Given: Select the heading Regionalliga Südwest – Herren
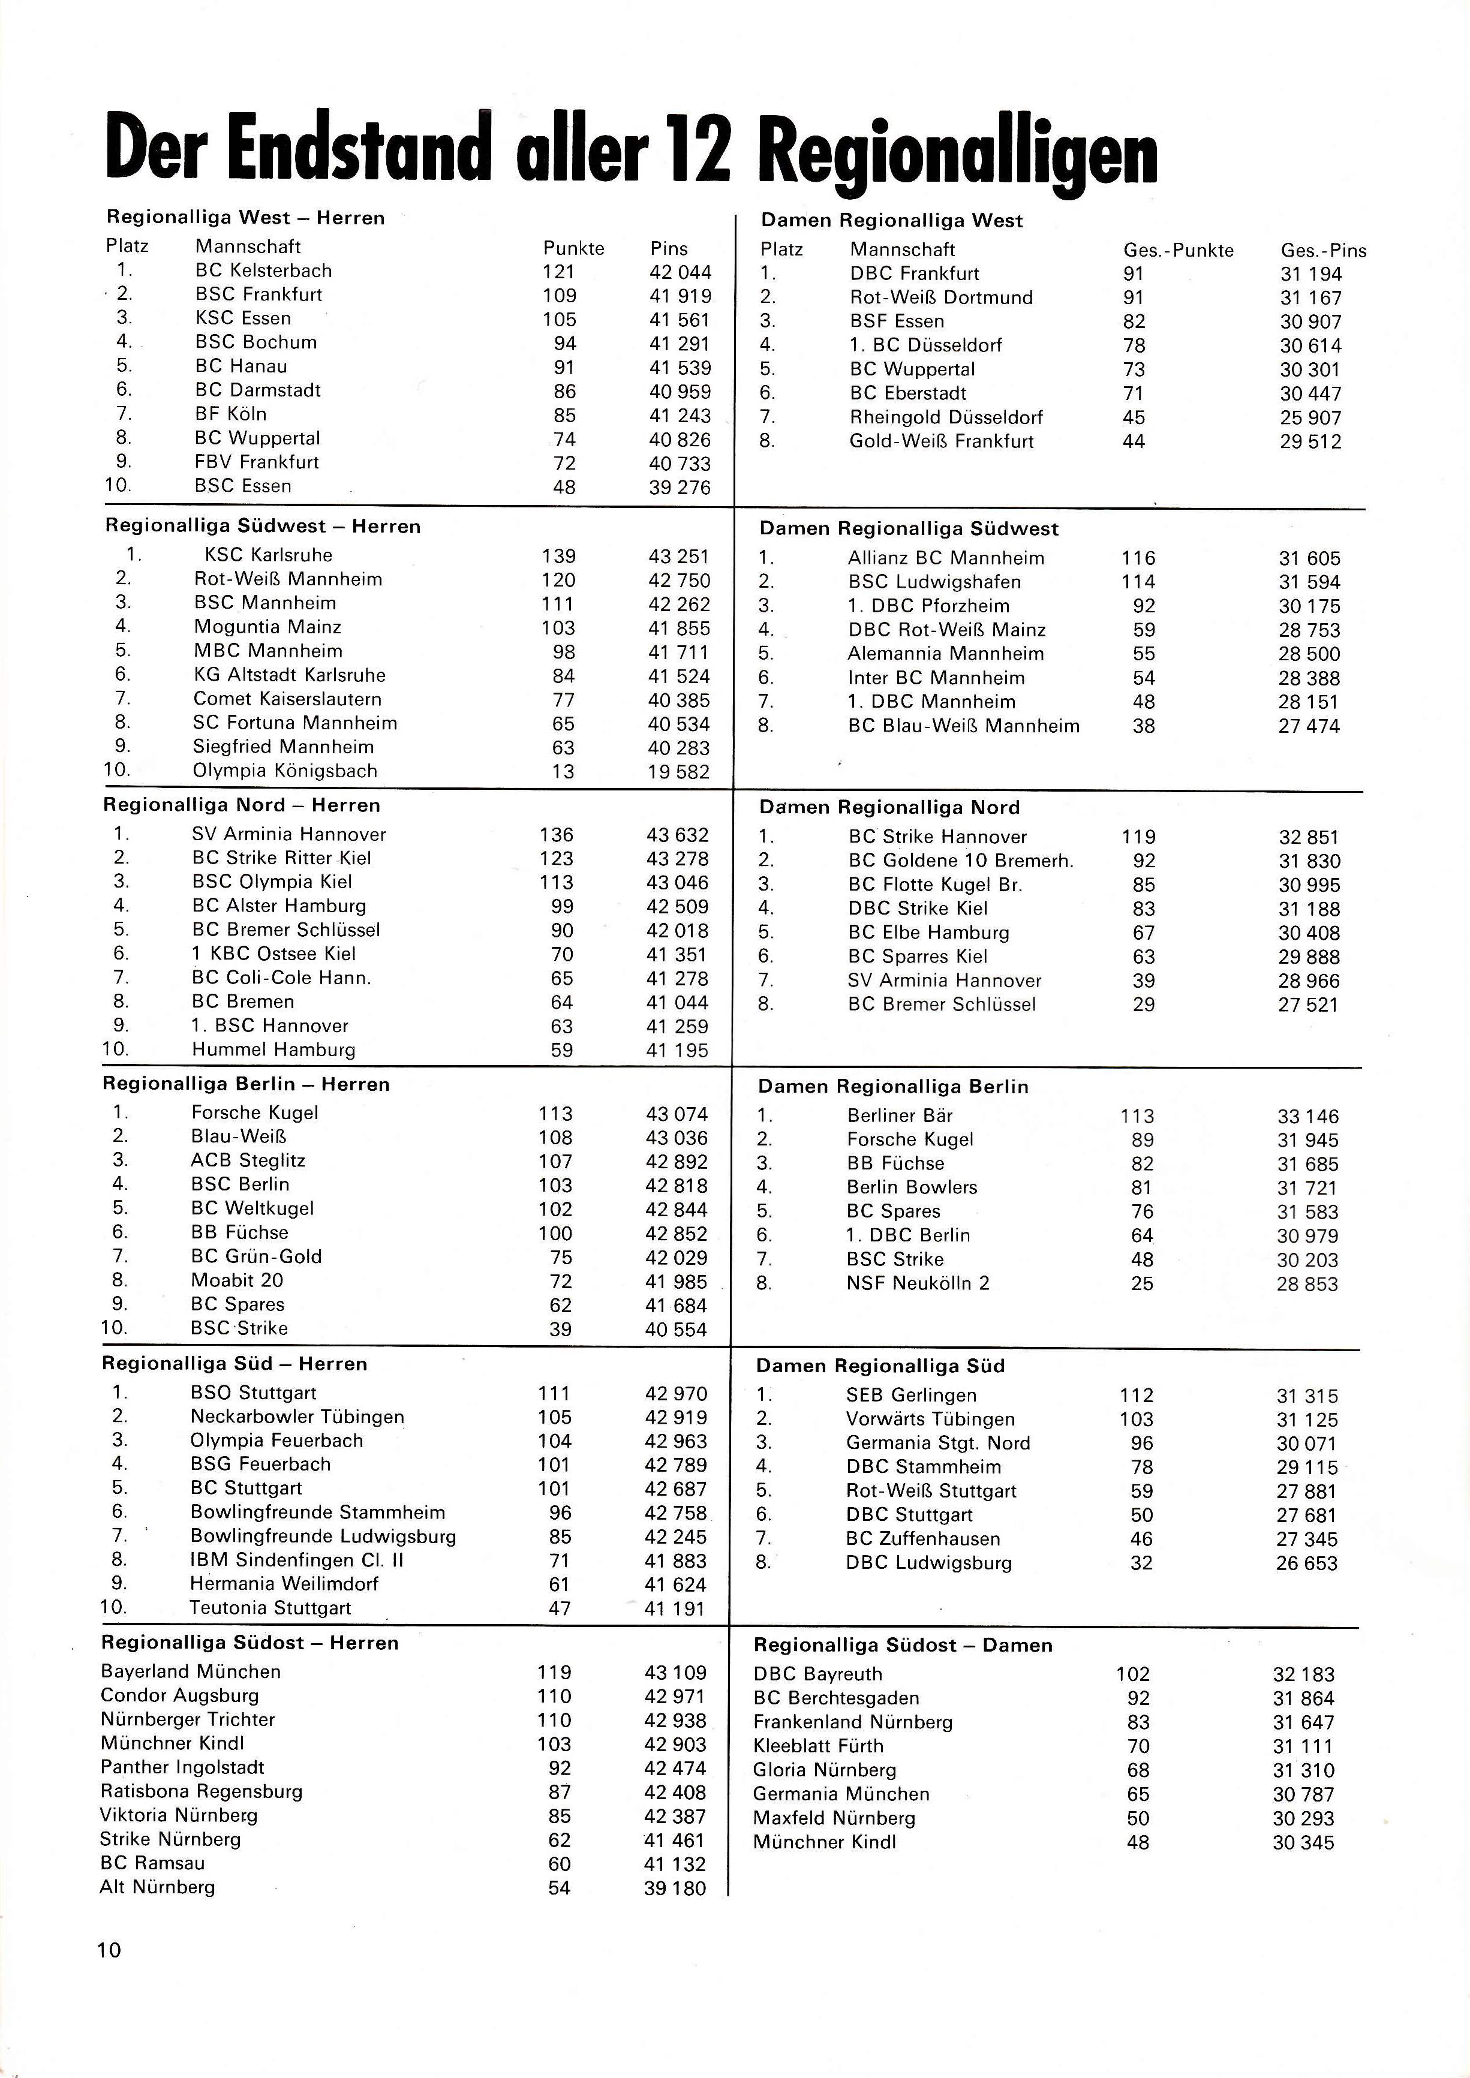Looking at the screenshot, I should tap(263, 526).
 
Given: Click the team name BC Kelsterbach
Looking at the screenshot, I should tap(263, 270).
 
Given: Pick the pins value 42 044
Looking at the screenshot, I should tap(680, 272).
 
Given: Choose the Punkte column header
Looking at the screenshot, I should tap(573, 248).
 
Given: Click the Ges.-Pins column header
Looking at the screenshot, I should tap(1322, 251).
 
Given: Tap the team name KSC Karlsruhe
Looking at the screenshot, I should tap(268, 555).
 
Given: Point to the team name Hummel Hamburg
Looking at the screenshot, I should tap(273, 1050).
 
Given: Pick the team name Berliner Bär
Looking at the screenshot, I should tap(900, 1116).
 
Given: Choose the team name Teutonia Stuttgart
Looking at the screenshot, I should tap(270, 1608).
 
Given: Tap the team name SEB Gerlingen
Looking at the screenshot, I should tap(912, 1396).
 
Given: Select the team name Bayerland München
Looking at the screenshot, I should tap(191, 1671).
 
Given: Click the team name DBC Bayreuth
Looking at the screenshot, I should tap(817, 1674).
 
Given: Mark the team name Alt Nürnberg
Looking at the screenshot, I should tap(158, 1887).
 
